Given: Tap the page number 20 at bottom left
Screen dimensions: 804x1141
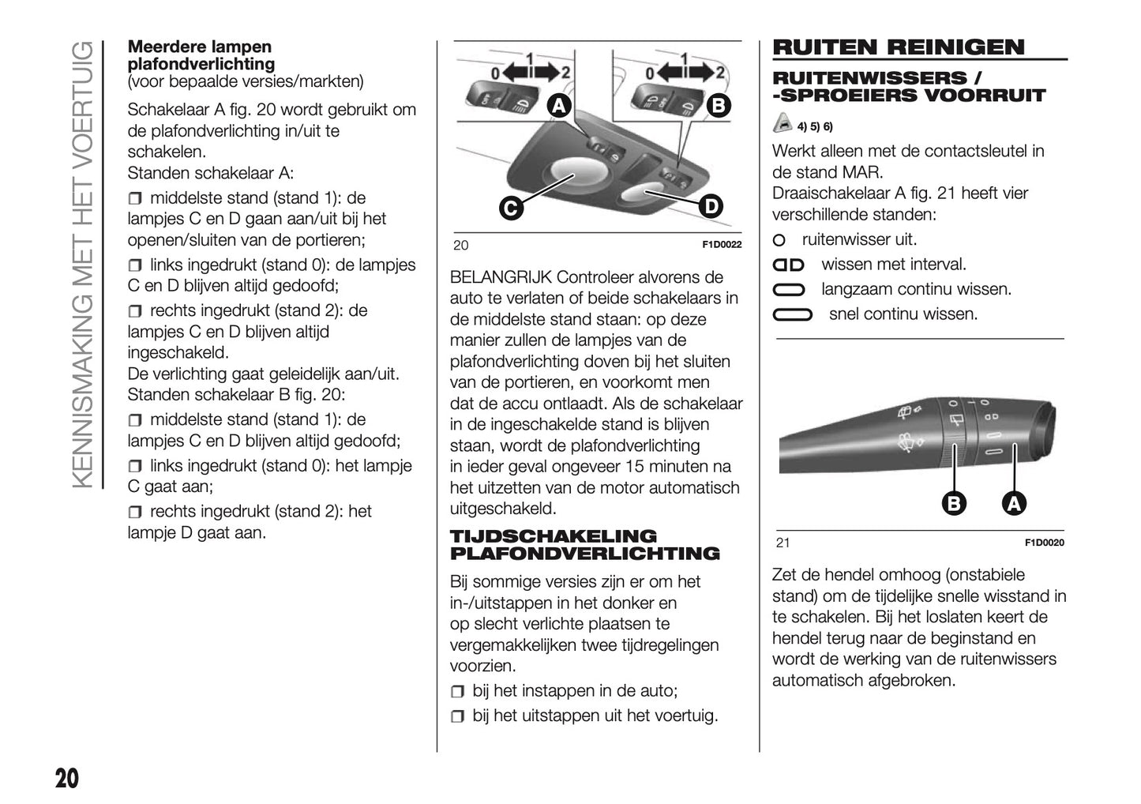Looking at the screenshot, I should pos(66,778).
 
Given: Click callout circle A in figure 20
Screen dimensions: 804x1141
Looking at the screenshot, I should pos(558,107).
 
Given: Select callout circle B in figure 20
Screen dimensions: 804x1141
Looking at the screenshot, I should pos(718,107).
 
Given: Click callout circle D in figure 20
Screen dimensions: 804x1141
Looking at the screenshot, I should pos(711,207).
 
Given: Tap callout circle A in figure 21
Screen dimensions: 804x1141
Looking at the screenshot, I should pos(1013,503).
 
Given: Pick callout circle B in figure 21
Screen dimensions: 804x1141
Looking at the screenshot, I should pos(954,503).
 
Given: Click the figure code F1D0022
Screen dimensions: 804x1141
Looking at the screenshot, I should pos(722,245).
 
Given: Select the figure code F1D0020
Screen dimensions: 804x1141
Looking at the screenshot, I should pos(1044,543).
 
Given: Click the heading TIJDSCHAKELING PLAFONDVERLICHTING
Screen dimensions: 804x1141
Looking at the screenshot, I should pos(584,545).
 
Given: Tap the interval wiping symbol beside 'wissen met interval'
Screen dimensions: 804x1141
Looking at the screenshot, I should pos(788,265).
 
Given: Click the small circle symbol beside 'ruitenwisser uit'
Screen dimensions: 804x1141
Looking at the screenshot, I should pos(779,240).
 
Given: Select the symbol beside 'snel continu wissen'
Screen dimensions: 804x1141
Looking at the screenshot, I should pos(792,315).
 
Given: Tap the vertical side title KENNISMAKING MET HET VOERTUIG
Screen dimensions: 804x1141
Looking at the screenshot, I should pos(82,265).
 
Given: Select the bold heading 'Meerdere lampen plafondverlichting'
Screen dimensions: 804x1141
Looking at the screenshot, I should pos(201,55).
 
